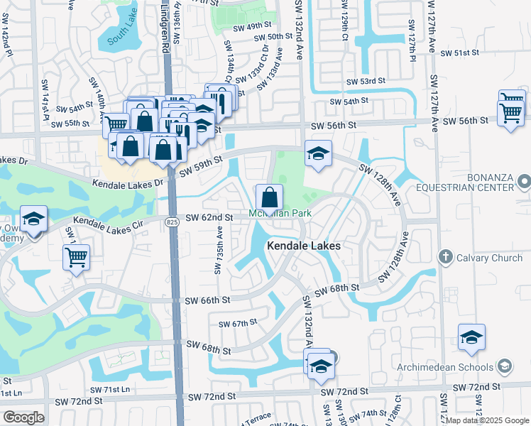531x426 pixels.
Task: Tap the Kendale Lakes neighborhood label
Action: [x=304, y=246]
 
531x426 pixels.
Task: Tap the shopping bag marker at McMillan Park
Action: [x=270, y=197]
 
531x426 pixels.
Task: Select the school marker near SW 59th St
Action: [x=319, y=153]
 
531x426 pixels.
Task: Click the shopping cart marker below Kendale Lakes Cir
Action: [x=77, y=257]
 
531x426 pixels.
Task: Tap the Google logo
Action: [x=23, y=417]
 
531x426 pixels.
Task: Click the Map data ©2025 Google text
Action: [x=487, y=420]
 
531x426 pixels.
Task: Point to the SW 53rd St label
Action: [x=365, y=82]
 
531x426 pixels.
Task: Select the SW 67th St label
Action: [x=237, y=324]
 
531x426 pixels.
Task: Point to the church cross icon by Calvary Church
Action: [x=445, y=256]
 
